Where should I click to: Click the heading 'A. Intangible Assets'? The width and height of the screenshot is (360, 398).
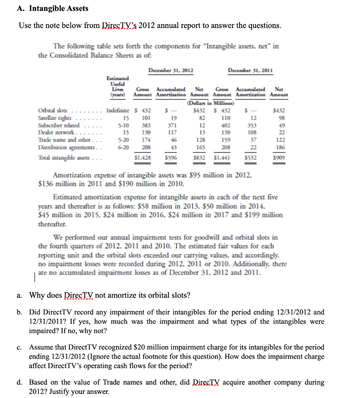(53, 8)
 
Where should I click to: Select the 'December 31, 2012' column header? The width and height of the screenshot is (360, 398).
(171, 70)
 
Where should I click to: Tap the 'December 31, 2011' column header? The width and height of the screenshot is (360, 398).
(250, 70)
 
